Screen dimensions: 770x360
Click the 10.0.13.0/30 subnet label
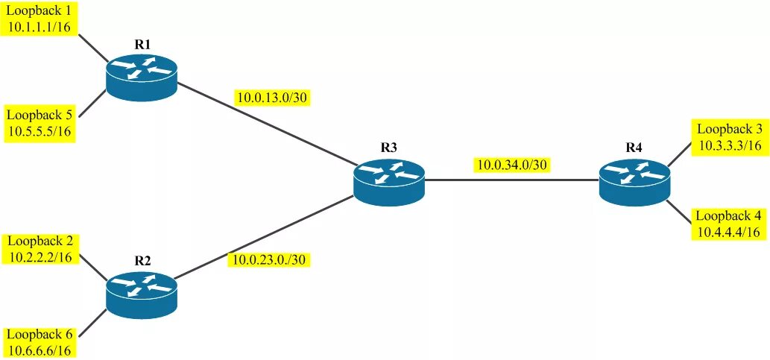coord(272,98)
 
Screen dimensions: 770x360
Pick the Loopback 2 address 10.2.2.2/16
coord(40,256)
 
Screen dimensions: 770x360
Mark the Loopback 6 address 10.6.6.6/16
coord(40,350)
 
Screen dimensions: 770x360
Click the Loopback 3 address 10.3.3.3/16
coord(730,145)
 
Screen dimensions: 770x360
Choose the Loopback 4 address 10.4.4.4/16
coord(730,233)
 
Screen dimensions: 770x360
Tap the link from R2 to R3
coord(268,238)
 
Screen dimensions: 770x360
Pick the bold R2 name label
coord(142,261)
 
